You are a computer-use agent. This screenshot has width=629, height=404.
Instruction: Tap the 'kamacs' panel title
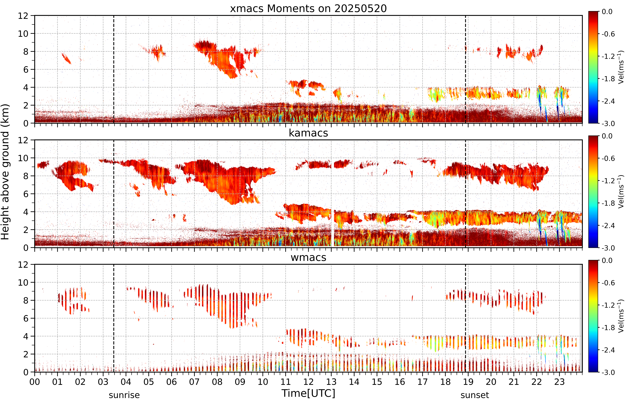[308, 133]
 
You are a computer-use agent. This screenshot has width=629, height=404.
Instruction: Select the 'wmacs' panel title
[308, 257]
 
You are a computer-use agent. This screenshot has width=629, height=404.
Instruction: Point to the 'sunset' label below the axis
[475, 395]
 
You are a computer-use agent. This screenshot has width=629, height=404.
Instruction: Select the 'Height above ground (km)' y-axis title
[5, 172]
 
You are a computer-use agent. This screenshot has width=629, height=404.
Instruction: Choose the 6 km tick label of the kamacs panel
[26, 194]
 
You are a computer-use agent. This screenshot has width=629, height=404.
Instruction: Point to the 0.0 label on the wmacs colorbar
[607, 260]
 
